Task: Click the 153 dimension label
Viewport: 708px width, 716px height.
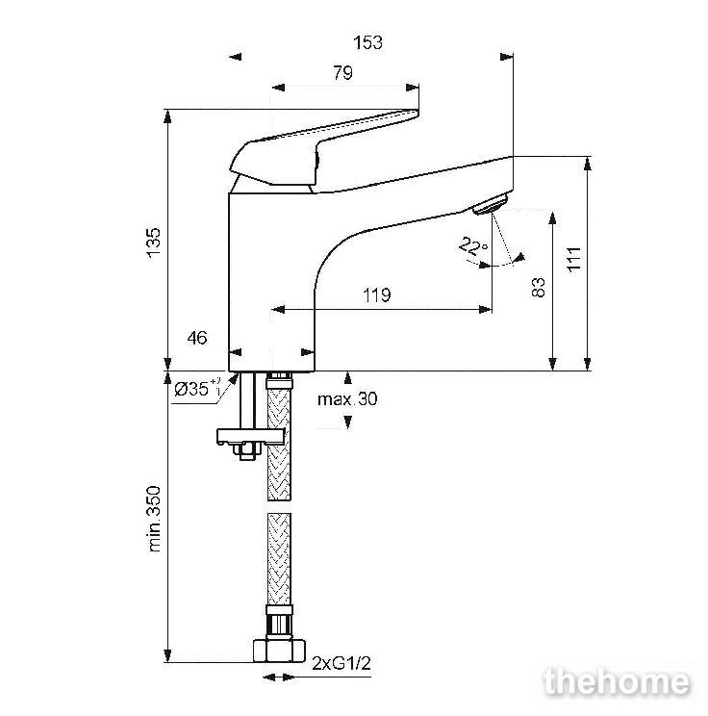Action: click(x=367, y=43)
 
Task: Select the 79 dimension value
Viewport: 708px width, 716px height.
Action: click(x=342, y=73)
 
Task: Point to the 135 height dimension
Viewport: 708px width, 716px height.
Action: click(x=154, y=243)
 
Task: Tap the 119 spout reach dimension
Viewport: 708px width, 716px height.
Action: click(x=376, y=295)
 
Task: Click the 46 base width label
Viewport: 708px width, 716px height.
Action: click(x=197, y=338)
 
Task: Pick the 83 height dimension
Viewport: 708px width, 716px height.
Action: click(x=539, y=287)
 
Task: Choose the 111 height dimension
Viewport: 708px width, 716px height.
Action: click(x=574, y=260)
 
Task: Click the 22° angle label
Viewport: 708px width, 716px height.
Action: click(x=473, y=246)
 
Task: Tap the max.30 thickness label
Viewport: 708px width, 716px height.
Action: click(x=347, y=399)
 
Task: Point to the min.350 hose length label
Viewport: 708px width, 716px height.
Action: click(x=155, y=519)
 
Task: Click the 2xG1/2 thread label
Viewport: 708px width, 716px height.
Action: click(x=341, y=663)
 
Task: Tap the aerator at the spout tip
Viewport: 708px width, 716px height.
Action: click(x=491, y=204)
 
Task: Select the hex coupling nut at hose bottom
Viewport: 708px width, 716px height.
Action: click(x=279, y=651)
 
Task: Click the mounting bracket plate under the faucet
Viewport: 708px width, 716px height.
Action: click(x=251, y=436)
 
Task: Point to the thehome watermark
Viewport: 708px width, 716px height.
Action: click(x=617, y=682)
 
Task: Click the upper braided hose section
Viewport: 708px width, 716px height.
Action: click(x=279, y=444)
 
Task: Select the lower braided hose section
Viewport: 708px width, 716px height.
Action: click(x=279, y=558)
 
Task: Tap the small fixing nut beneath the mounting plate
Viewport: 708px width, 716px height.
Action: click(x=246, y=451)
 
